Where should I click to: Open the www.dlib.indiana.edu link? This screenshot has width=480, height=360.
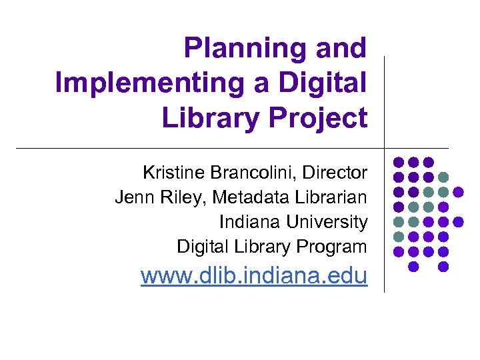click(254, 275)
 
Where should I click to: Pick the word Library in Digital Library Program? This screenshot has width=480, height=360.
click(264, 247)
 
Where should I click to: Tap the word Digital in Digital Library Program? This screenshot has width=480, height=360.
click(203, 247)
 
